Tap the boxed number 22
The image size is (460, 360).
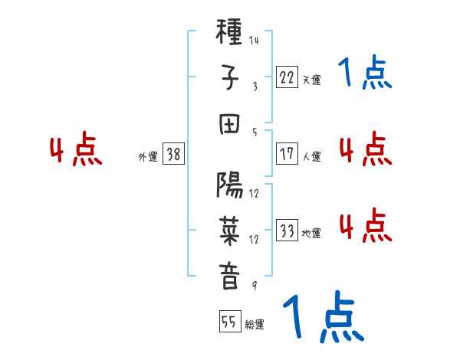point(287,77)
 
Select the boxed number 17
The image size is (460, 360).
point(287,154)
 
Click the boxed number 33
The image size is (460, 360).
point(287,231)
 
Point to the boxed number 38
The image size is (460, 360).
point(173,154)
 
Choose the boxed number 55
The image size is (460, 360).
point(228,322)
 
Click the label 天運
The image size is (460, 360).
point(311,79)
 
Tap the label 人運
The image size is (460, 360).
point(311,156)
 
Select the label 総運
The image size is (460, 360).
point(254,325)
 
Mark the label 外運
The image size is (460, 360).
point(148,156)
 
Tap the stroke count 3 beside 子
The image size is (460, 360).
point(254,86)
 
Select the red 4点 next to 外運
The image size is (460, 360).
point(77,151)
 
